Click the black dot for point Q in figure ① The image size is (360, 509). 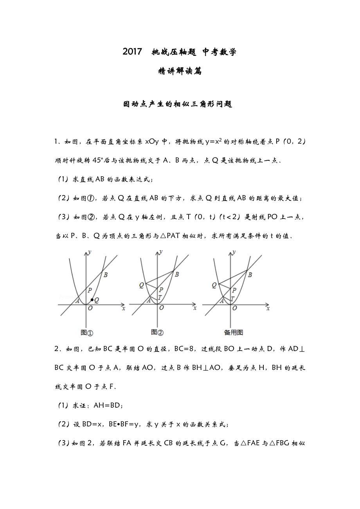(92, 300)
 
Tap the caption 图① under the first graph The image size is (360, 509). (86, 333)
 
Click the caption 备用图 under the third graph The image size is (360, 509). (233, 333)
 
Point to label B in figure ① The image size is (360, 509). (105, 274)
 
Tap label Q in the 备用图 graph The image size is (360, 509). (214, 285)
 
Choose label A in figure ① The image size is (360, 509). (77, 301)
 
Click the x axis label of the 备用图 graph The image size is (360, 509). (268, 308)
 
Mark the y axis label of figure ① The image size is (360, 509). (90, 252)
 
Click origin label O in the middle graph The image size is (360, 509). (161, 308)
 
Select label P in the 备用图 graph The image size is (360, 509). (234, 290)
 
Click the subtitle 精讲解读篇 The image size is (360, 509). (180, 71)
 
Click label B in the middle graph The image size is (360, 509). (177, 274)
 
